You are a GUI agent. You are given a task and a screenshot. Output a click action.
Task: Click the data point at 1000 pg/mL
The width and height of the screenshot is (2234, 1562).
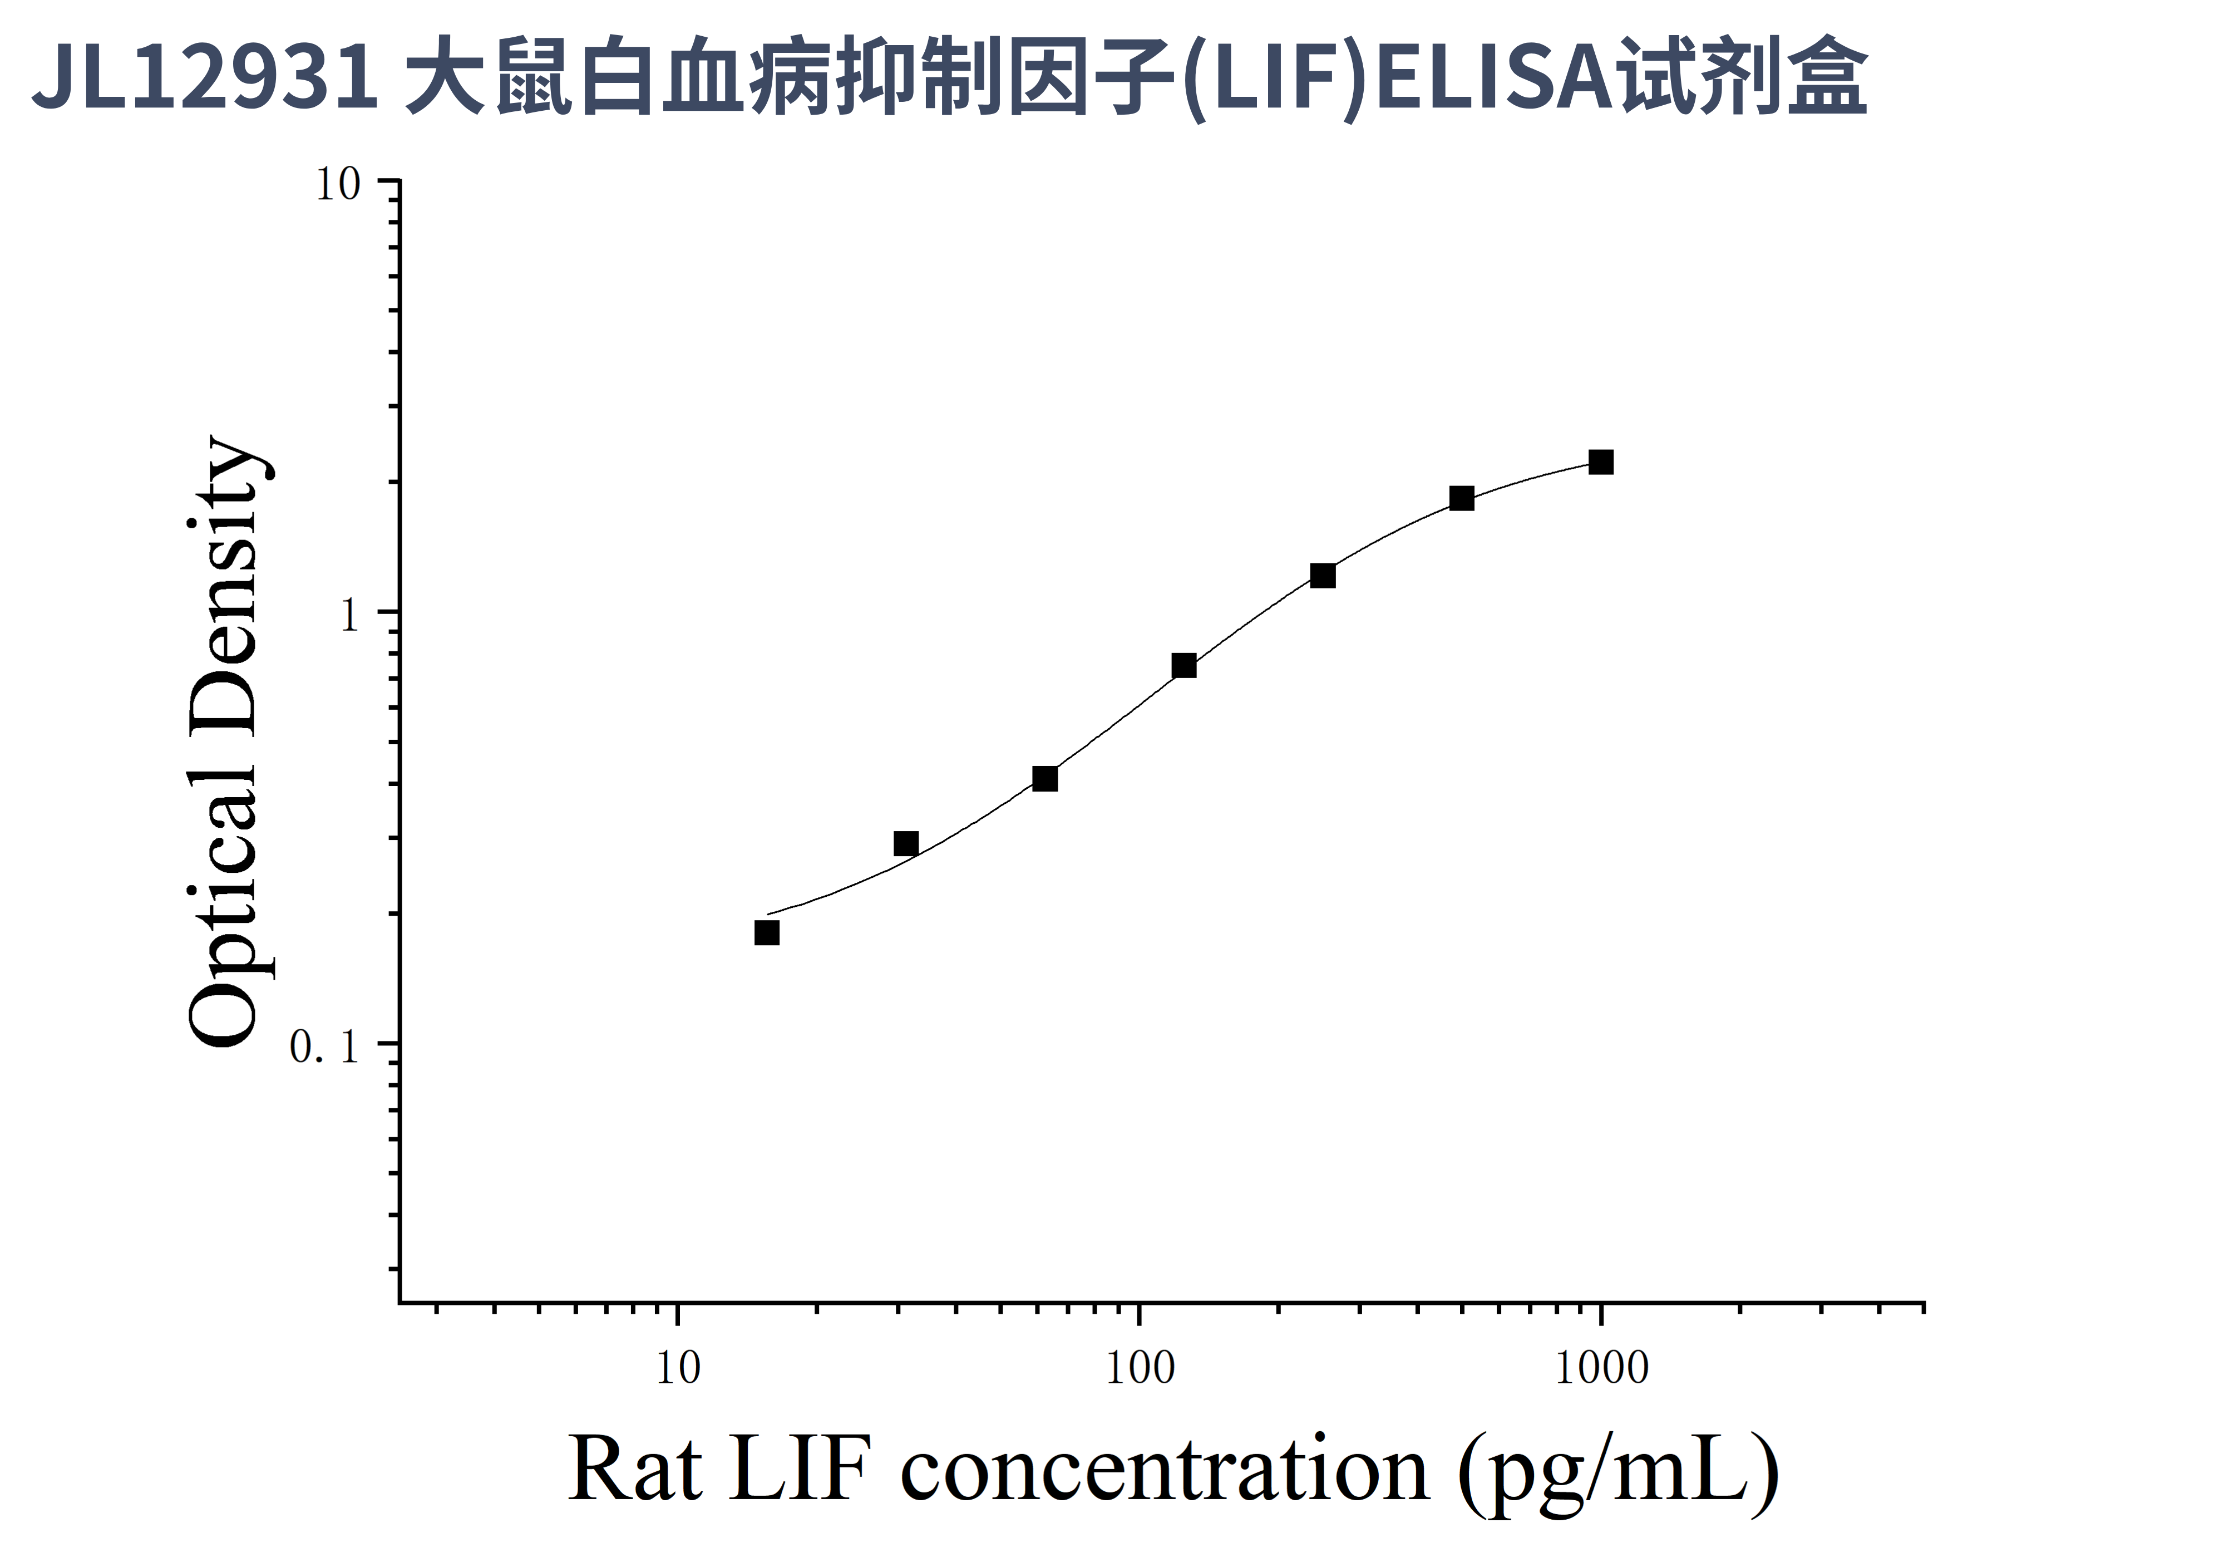coord(1601,462)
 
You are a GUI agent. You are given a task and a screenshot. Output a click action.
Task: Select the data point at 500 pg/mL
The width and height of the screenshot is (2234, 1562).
coord(1462,498)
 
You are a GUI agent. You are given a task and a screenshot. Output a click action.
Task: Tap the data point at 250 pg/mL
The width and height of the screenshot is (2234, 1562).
coord(1322,576)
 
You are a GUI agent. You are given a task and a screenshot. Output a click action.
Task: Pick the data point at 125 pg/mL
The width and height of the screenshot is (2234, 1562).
coord(1184,666)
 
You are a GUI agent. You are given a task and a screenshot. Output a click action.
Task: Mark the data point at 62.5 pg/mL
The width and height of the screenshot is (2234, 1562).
coord(1045,779)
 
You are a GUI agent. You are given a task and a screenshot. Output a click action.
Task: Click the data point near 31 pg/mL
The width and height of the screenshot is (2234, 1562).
coord(906,844)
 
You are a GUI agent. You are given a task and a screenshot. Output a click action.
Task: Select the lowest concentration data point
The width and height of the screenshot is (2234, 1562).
coord(767,934)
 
